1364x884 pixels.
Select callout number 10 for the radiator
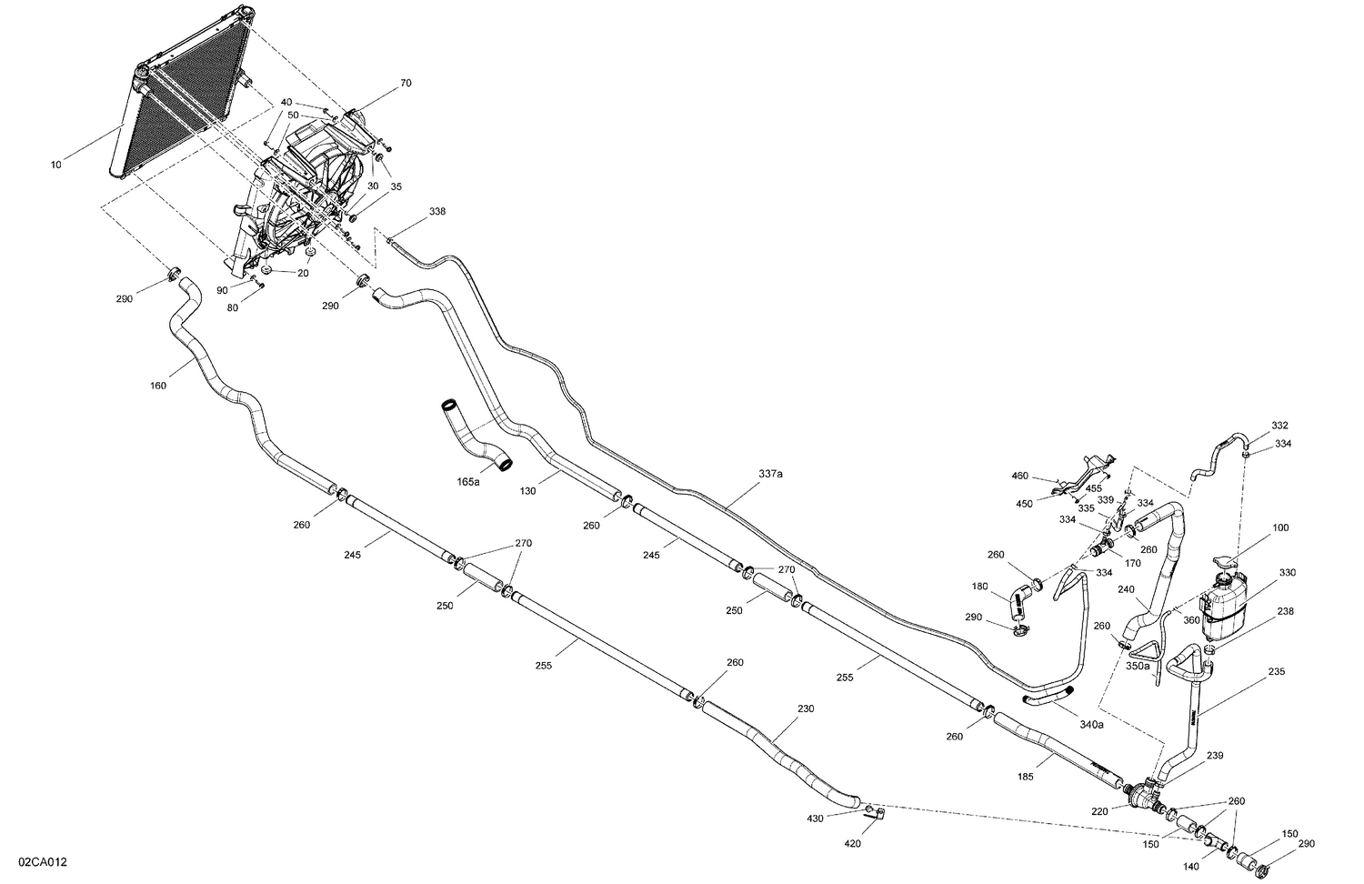pos(56,165)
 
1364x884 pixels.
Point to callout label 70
pos(406,83)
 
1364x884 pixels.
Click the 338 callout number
pos(437,211)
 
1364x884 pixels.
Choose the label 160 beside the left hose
pos(158,386)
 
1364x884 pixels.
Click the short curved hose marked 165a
pos(477,435)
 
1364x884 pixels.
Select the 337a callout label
pos(770,474)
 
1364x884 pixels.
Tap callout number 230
pos(805,708)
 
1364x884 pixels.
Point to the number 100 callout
pos(1280,527)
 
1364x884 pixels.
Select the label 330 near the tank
pos(1288,572)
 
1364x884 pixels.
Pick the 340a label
pos(1091,725)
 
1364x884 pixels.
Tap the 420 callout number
pos(852,844)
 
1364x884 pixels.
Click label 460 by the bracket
pos(1019,476)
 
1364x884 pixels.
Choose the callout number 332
pos(1279,426)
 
